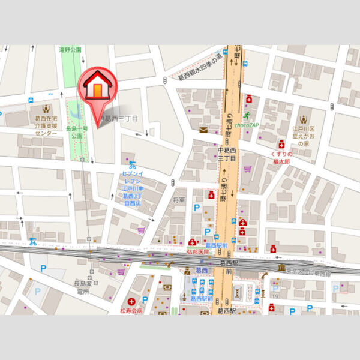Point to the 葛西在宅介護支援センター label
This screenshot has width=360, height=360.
(x=44, y=125)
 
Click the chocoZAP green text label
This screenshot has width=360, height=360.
(x=246, y=125)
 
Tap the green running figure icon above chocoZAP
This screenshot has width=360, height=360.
(x=246, y=115)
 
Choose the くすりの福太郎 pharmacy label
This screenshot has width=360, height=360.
(x=279, y=158)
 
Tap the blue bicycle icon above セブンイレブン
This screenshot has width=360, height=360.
(x=132, y=164)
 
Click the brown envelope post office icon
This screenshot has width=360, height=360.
(x=203, y=129)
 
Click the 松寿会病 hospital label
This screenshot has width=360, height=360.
(x=131, y=311)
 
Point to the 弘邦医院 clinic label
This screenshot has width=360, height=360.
(x=199, y=252)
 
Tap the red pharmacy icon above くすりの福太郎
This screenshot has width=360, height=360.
(x=281, y=144)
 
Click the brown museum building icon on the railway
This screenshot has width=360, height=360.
(x=281, y=267)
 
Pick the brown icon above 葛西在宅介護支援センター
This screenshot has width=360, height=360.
(x=46, y=110)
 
